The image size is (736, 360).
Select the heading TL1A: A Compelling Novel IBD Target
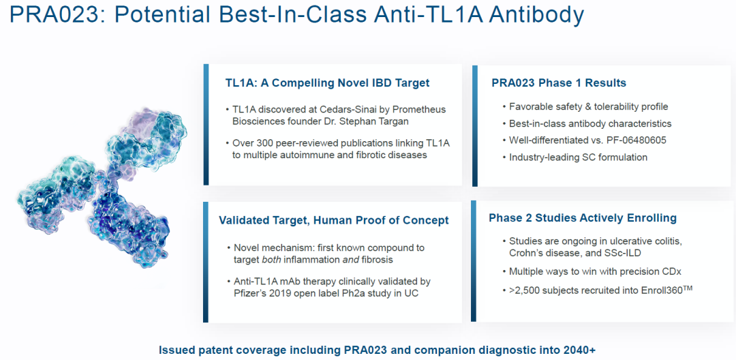pyautogui.click(x=327, y=84)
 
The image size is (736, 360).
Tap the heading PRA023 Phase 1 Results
pyautogui.click(x=559, y=83)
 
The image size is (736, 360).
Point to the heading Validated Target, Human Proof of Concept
pyautogui.click(x=334, y=221)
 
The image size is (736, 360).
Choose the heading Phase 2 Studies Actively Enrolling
pyautogui.click(x=583, y=218)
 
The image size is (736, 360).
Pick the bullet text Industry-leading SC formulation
pyautogui.click(x=579, y=157)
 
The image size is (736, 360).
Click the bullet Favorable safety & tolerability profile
pyautogui.click(x=589, y=107)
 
